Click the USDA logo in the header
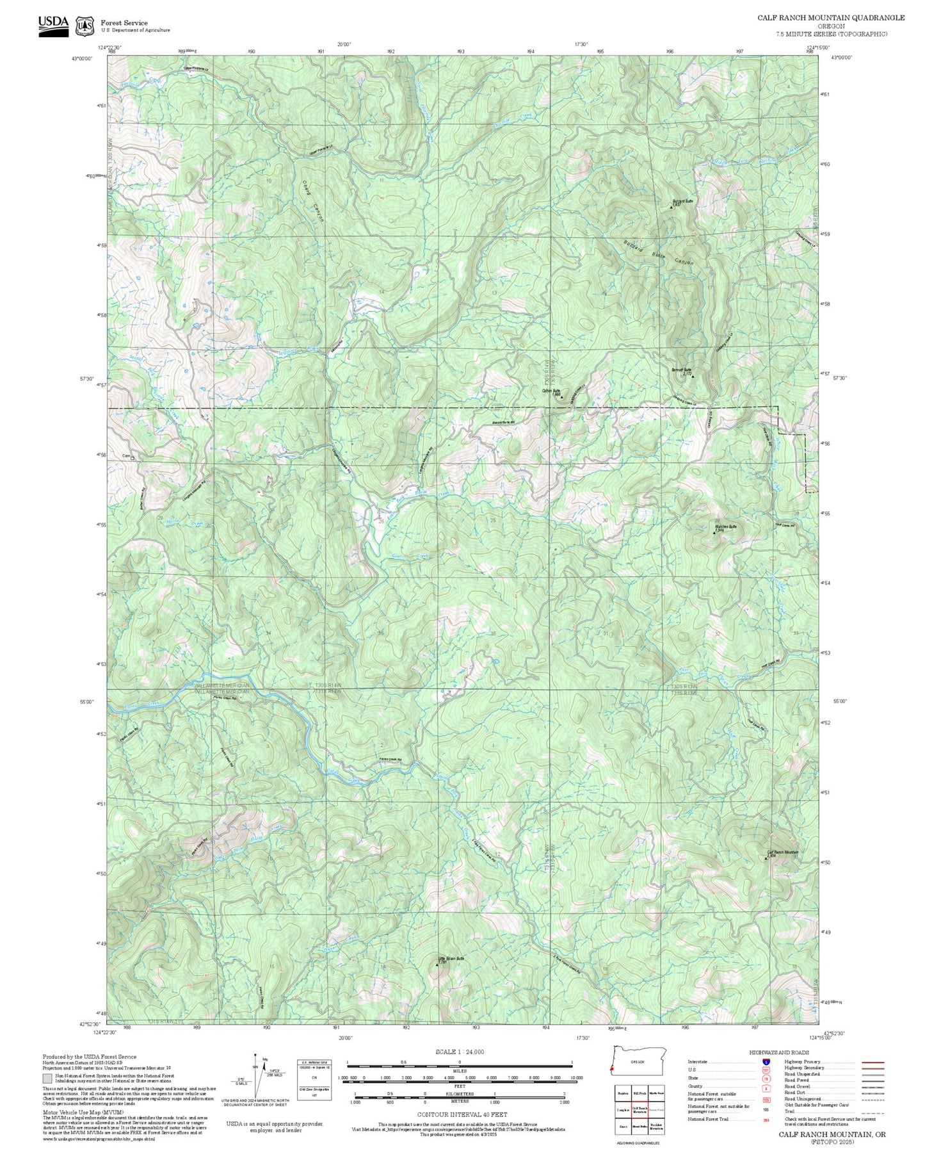pos(53,25)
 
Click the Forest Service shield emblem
pos(84,26)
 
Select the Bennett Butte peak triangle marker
pos(693,377)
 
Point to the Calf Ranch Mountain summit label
pos(783,852)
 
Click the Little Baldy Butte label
pos(451,959)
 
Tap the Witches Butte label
pos(725,526)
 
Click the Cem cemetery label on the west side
pos(126,457)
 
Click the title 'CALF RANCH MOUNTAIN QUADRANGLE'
pos(831,18)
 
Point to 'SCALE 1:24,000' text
pos(459,1052)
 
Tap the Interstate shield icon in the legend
pos(766,1062)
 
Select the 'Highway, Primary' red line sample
pos(873,1062)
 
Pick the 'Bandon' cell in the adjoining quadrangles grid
pos(622,1093)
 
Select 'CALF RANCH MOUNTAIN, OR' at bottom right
pos(832,1134)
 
